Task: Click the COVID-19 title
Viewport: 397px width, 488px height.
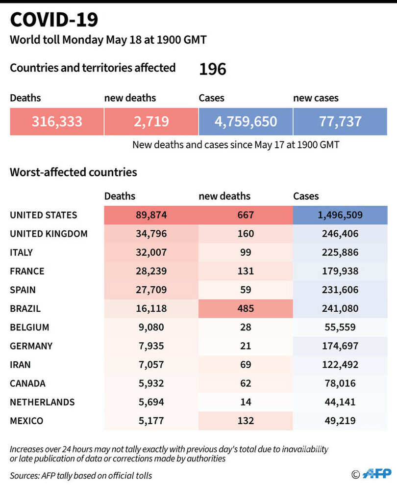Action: click(x=54, y=20)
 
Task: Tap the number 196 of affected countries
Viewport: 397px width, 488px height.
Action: click(x=212, y=69)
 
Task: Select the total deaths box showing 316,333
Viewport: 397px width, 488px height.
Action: click(x=57, y=122)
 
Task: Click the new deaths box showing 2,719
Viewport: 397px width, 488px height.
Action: click(x=151, y=122)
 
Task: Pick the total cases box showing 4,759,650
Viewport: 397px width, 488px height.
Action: click(x=246, y=122)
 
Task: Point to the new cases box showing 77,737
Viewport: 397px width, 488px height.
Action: click(x=340, y=122)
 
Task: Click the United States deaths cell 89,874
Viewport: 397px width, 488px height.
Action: click(x=151, y=215)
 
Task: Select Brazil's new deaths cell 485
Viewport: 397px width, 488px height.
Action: click(x=246, y=309)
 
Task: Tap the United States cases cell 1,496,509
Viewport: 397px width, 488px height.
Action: click(x=340, y=215)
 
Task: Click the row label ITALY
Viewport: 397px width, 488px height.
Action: click(x=22, y=252)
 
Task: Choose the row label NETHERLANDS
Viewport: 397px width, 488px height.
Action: click(x=42, y=402)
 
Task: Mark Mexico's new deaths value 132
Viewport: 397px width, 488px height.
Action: click(x=246, y=421)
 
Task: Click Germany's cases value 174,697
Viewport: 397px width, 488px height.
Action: click(x=340, y=346)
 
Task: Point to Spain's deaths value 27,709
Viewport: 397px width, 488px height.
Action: click(x=151, y=290)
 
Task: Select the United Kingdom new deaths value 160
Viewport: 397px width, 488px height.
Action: click(x=246, y=234)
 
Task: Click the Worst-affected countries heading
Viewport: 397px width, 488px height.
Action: click(x=74, y=172)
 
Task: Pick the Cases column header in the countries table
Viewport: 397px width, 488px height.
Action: click(x=306, y=196)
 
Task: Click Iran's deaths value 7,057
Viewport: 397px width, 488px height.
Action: click(x=151, y=365)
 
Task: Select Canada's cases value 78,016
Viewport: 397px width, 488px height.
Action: click(x=340, y=383)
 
